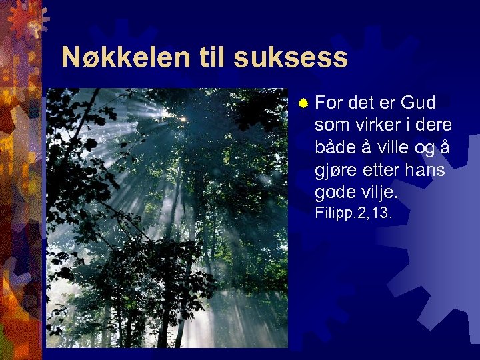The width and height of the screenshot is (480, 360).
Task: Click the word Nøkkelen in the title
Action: click(126, 58)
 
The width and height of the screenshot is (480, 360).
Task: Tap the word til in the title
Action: click(212, 58)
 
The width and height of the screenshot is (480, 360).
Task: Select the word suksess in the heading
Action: click(291, 58)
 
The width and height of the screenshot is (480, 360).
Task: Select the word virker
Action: click(381, 125)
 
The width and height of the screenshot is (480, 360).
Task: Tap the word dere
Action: click(433, 125)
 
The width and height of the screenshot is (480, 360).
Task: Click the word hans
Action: click(427, 170)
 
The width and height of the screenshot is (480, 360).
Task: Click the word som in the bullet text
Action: click(334, 125)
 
